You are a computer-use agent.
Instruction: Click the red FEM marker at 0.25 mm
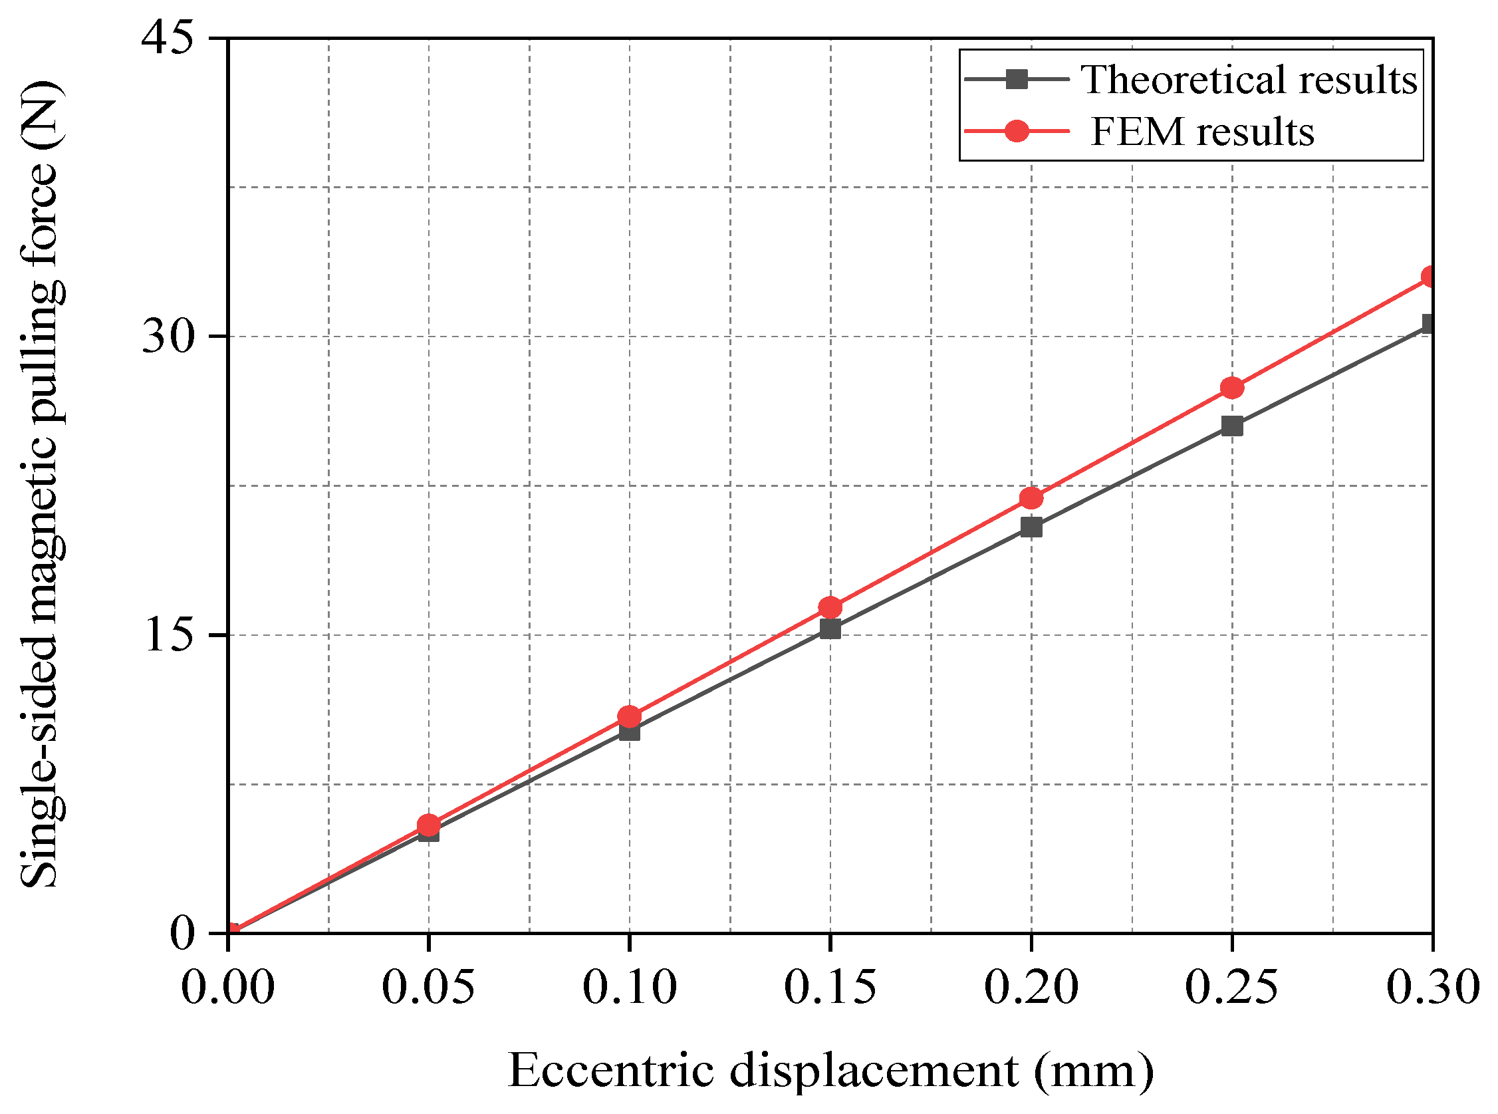1231,388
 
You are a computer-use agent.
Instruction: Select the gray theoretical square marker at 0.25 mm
1231,426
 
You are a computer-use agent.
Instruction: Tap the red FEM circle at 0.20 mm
1031,498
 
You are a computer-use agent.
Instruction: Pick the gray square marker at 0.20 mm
1031,527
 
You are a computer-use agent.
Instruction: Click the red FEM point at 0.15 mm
830,608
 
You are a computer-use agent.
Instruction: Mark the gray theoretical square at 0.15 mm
830,629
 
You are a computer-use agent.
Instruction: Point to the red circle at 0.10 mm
629,716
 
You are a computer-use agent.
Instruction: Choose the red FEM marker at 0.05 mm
428,825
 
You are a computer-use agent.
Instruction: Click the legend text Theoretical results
1249,80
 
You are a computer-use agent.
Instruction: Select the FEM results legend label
1202,131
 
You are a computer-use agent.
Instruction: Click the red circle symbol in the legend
1017,131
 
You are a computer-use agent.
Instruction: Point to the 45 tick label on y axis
168,39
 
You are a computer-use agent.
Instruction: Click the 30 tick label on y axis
168,337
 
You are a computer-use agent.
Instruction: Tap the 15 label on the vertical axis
168,635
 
